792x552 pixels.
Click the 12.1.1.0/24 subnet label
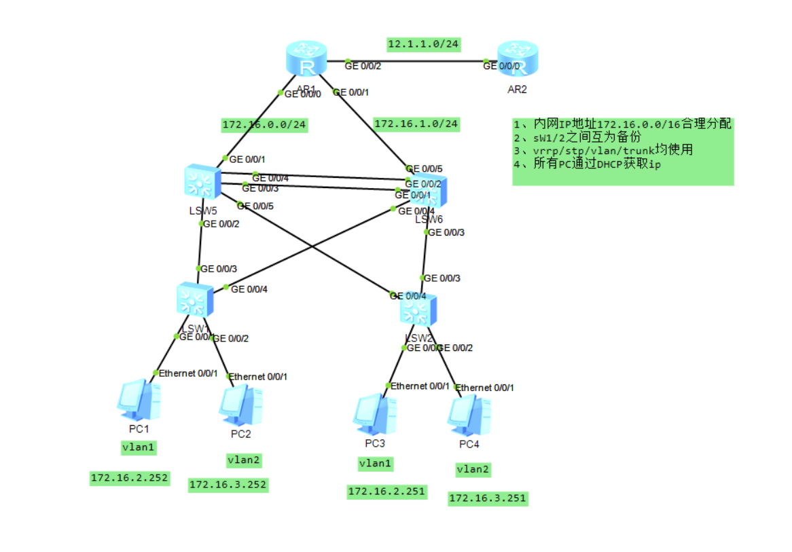(423, 44)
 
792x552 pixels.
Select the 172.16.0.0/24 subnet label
(265, 125)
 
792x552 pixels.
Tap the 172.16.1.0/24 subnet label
(416, 124)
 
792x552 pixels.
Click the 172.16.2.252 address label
(129, 478)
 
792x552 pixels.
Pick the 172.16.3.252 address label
(228, 485)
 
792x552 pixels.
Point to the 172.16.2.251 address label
(386, 492)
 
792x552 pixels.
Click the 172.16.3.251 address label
(487, 498)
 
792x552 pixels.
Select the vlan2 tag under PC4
(473, 469)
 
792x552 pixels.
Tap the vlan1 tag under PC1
(139, 447)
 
